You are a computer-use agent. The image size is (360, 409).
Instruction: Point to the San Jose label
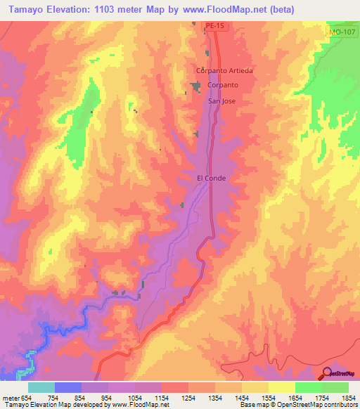click(x=224, y=100)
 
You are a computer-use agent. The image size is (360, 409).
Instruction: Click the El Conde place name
click(x=211, y=178)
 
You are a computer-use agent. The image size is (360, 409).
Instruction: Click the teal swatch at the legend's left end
click(x=41, y=387)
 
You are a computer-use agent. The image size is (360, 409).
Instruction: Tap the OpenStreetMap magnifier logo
click(x=327, y=374)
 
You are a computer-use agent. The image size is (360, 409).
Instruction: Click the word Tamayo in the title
click(x=25, y=9)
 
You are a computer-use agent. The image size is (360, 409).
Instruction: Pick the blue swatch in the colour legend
click(x=68, y=387)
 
